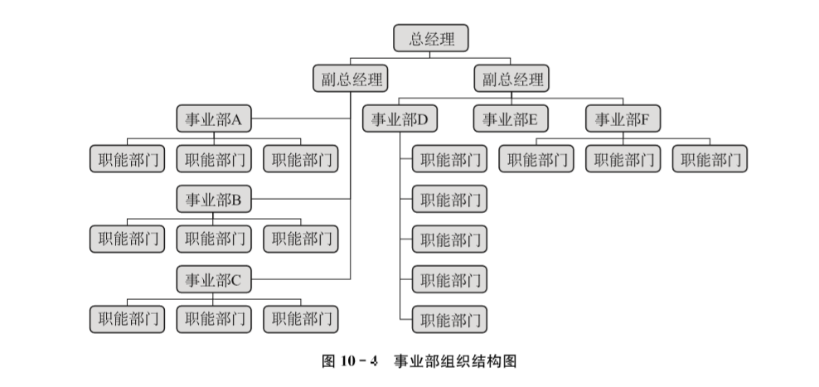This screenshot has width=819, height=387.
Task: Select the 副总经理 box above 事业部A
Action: (352, 80)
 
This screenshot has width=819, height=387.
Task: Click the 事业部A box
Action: (213, 120)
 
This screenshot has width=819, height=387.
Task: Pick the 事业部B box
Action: (213, 200)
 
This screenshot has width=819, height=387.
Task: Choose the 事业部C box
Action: (213, 280)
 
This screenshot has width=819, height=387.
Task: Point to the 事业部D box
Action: (400, 120)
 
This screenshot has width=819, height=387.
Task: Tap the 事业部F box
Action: (623, 120)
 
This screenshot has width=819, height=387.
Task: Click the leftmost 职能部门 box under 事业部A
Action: (127, 159)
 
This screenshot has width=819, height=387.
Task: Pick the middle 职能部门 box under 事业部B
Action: (214, 239)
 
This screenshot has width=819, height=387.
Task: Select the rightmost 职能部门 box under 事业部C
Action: (301, 319)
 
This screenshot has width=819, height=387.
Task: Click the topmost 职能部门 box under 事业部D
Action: (449, 159)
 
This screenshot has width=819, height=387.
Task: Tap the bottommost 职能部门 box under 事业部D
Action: (449, 319)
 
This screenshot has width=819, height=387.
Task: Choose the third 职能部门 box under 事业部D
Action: (449, 239)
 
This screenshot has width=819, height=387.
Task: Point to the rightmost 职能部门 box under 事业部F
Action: (710, 159)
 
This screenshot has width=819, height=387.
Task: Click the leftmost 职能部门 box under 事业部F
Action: (536, 159)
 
